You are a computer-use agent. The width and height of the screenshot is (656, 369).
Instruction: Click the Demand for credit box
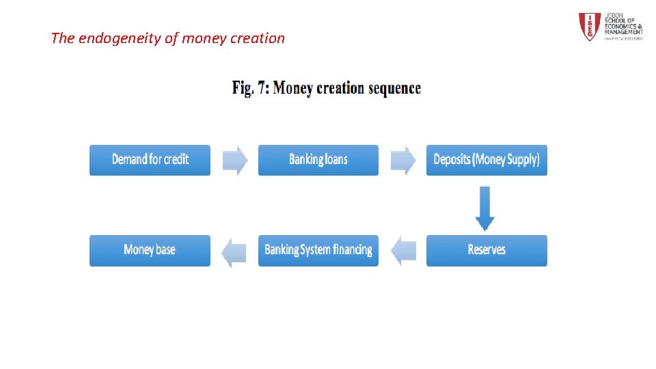tap(150, 160)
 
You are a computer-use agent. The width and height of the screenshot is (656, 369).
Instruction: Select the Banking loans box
tap(318, 160)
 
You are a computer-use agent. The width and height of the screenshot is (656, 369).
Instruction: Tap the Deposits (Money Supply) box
tap(487, 160)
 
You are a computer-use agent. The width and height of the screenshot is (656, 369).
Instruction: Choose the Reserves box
tap(487, 250)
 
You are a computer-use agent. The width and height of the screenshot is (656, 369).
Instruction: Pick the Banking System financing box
tap(318, 250)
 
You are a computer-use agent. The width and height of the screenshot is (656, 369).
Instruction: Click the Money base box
tap(150, 250)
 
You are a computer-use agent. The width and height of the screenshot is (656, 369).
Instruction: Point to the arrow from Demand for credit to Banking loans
tap(235, 160)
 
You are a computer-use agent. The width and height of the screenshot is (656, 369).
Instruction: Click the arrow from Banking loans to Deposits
tap(403, 160)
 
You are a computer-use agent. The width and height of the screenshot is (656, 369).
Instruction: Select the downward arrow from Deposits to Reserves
tap(485, 208)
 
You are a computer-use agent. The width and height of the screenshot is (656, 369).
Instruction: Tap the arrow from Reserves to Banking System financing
tap(403, 250)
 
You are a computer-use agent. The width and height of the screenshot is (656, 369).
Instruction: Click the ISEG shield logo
tap(589, 27)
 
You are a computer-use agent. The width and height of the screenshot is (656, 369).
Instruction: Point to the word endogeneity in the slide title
tap(120, 38)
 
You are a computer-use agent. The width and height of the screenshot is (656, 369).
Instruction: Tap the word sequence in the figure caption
tap(394, 88)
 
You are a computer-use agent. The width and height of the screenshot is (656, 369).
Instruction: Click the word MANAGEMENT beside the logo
tap(623, 31)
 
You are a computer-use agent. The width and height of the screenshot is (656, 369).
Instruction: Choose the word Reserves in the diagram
tap(487, 250)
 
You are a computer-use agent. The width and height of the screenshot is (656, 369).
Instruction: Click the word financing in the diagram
tap(353, 250)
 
